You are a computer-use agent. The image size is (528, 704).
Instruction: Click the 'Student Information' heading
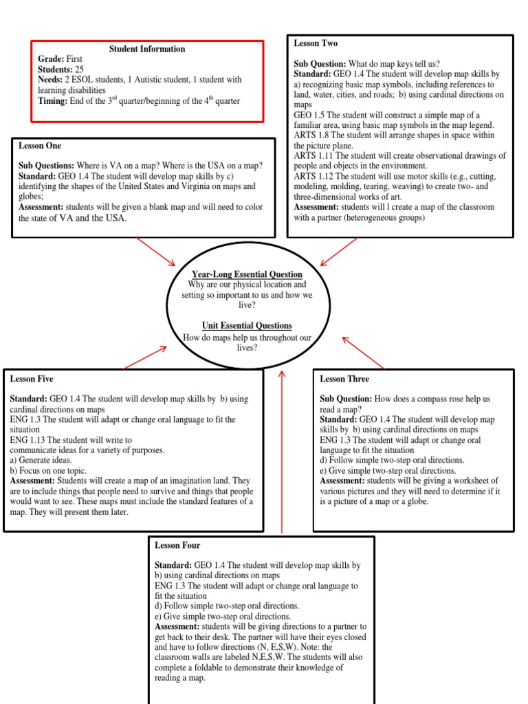(x=147, y=49)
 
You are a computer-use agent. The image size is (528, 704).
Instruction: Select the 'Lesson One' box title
(x=40, y=146)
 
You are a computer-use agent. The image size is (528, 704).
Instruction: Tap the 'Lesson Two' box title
(x=316, y=43)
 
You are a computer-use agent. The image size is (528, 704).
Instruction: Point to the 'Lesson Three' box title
(x=344, y=379)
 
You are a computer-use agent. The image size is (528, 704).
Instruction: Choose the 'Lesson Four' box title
(x=177, y=545)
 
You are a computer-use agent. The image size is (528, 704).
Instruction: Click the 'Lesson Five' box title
(x=32, y=379)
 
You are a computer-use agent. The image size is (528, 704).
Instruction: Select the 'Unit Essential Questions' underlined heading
(x=247, y=325)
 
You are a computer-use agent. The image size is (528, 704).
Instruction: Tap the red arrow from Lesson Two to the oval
(x=339, y=252)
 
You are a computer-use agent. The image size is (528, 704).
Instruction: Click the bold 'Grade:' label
(x=52, y=60)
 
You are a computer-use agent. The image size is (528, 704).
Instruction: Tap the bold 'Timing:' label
(x=53, y=100)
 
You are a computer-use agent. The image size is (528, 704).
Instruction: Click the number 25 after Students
(x=80, y=70)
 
